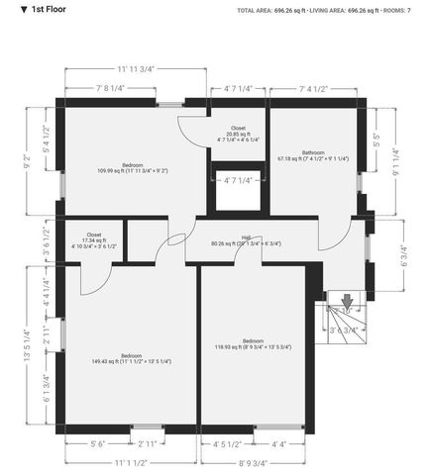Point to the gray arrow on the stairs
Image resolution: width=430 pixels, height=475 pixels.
(x=347, y=300)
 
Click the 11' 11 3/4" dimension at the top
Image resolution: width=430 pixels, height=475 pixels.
(x=136, y=69)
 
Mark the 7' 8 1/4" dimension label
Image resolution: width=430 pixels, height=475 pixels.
(x=110, y=88)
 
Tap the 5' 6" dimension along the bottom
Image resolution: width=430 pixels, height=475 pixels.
(x=98, y=444)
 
